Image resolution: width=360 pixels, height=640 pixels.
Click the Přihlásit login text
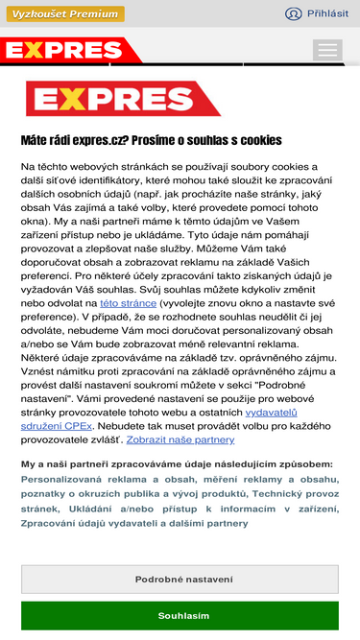327,13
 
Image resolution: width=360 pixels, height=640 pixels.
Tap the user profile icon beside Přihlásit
294,13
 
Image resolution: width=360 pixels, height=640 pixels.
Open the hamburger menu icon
327,50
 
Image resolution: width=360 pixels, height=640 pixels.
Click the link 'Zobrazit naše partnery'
180,439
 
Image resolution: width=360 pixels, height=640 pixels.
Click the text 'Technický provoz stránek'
288,493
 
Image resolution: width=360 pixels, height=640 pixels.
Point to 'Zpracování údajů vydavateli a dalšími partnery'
135,524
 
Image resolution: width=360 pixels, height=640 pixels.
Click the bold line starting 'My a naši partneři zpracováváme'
177,463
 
